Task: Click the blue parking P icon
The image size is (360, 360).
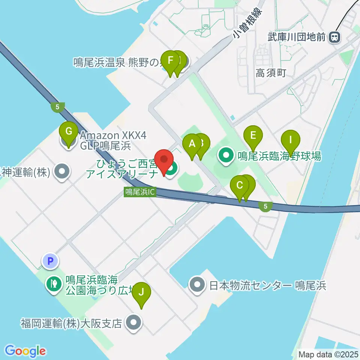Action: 51,261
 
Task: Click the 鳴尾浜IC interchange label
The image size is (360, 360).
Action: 139,192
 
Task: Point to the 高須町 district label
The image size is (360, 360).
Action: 271,73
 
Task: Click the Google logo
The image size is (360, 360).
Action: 25,351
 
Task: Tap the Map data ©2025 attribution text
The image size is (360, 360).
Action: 328,354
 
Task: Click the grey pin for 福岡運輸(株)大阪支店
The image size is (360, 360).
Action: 133,323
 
